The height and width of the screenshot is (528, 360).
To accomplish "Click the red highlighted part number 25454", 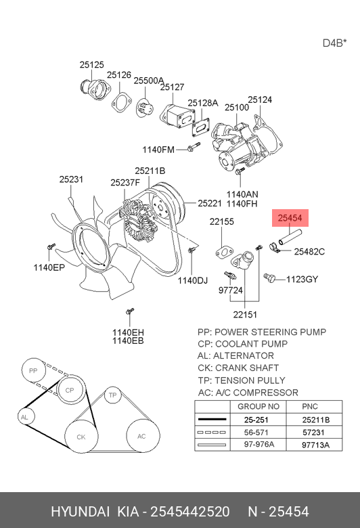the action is (290, 218).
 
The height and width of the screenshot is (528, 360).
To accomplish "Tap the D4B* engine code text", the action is (335, 43).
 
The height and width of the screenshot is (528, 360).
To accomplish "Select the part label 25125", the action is (91, 64).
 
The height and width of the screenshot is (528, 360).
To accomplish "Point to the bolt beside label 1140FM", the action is (193, 147).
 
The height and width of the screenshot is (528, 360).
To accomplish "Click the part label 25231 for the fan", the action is (71, 179).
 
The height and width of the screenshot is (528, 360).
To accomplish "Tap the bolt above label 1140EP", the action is (51, 246).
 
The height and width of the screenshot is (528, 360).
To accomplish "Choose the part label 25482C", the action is (309, 252).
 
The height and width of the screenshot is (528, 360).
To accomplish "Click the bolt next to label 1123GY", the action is (269, 278).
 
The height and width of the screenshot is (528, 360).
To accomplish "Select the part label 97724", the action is (230, 290).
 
